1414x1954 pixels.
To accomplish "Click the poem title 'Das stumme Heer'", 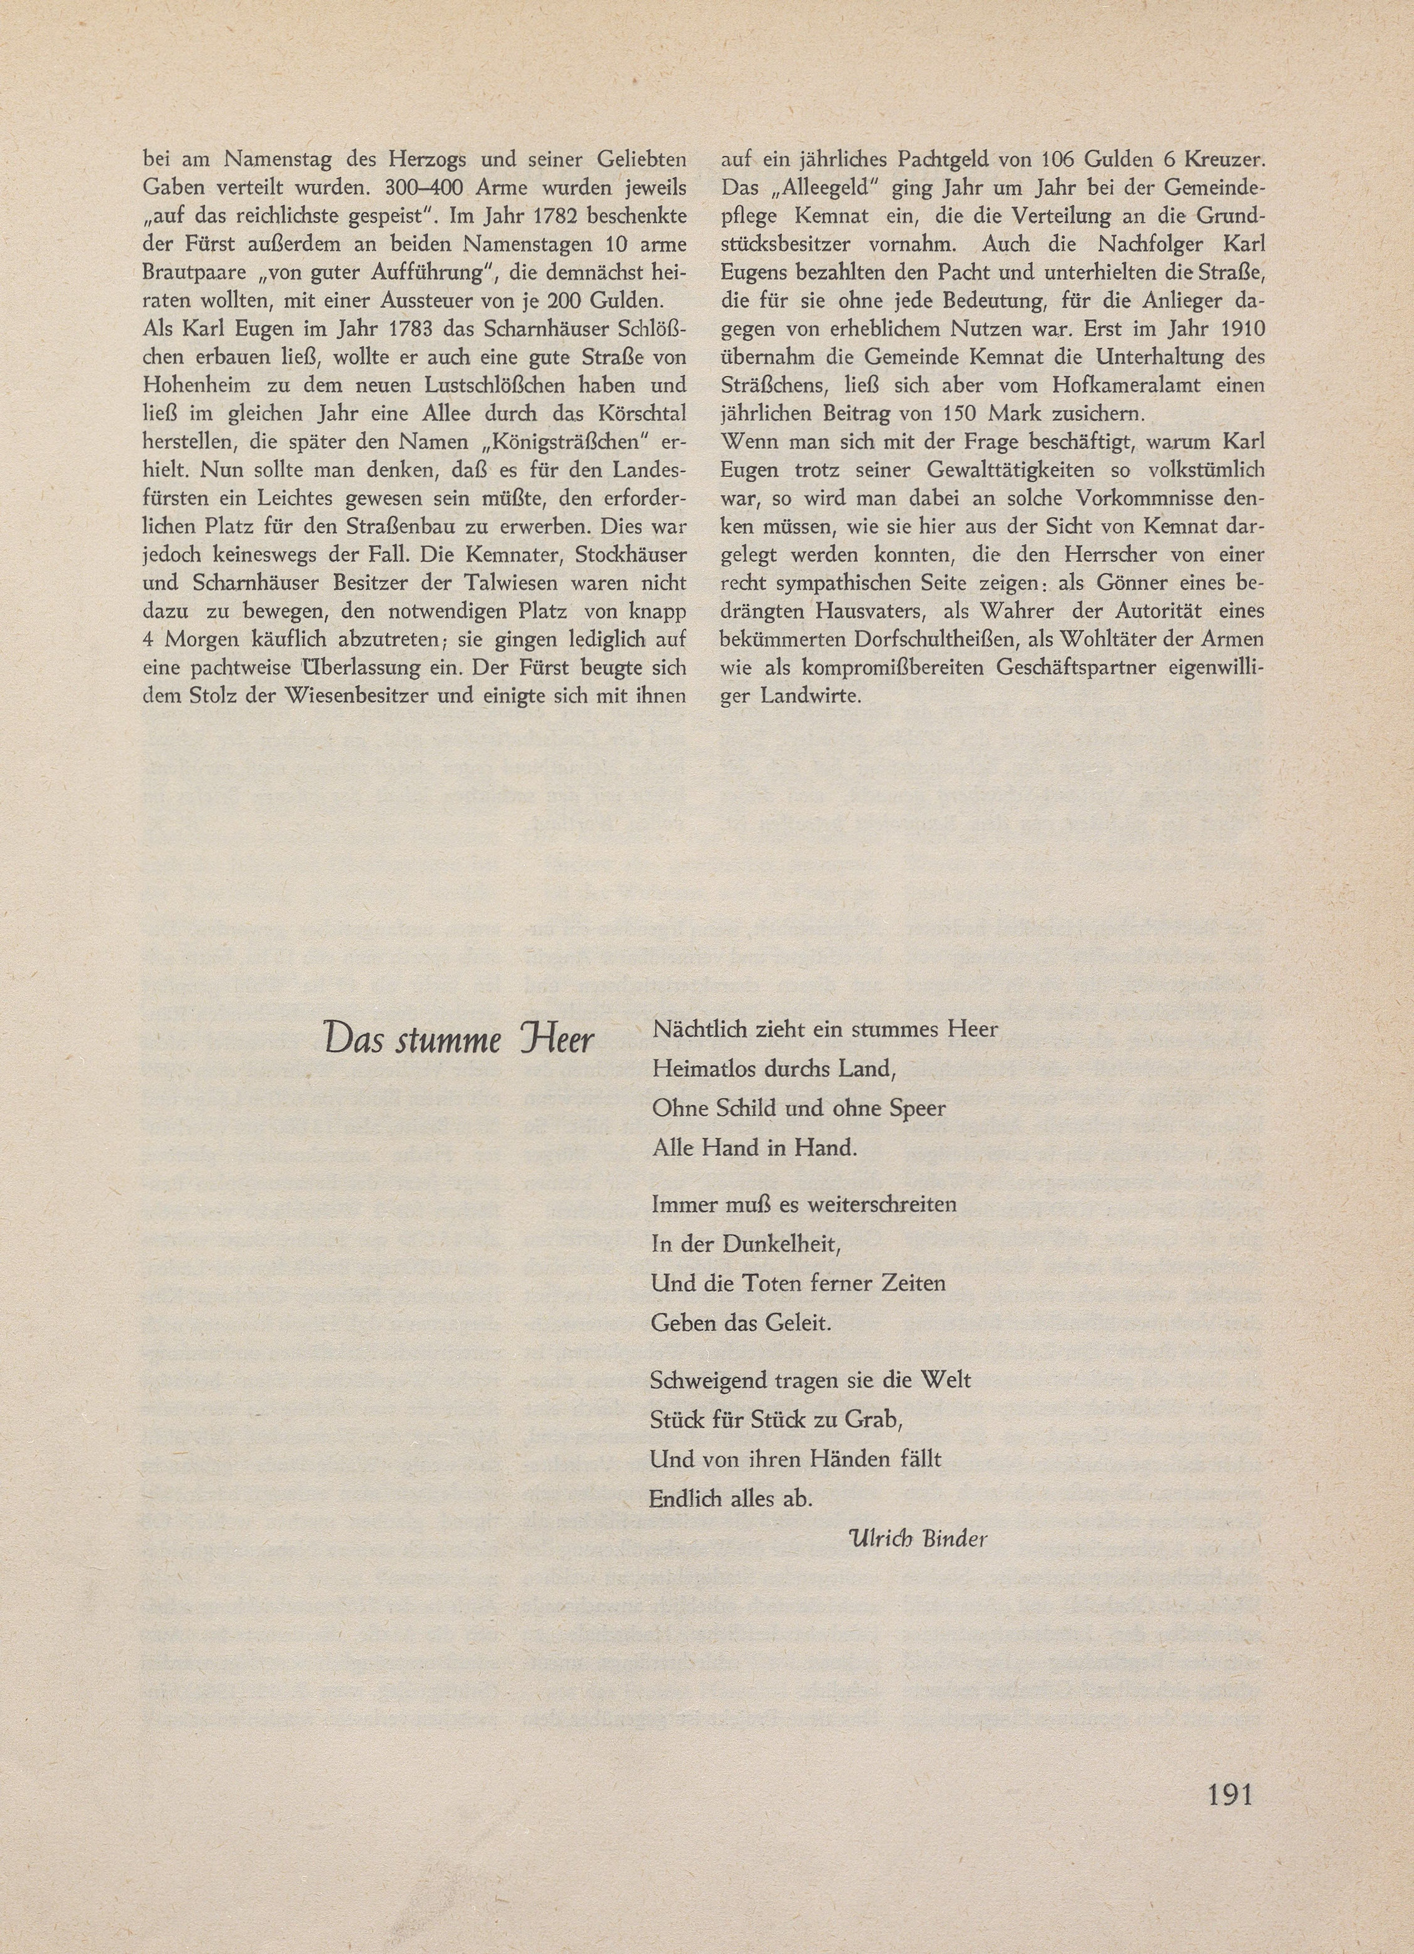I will click(458, 1041).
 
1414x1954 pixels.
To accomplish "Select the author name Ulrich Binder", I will click(917, 1538).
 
